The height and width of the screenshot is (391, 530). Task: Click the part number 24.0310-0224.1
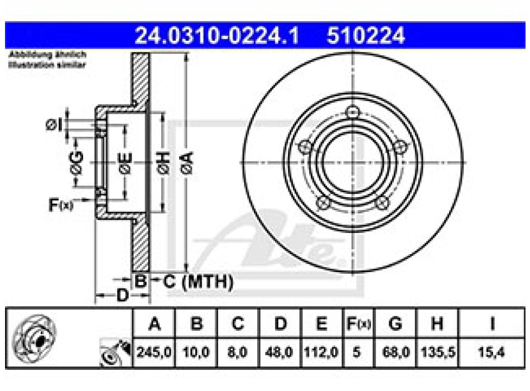tap(217, 36)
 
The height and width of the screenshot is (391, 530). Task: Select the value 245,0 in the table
tap(155, 352)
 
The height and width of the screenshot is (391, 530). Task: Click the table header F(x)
tap(357, 323)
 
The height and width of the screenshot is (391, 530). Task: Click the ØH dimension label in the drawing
tap(162, 162)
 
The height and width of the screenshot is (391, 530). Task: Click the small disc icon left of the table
tap(33, 338)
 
